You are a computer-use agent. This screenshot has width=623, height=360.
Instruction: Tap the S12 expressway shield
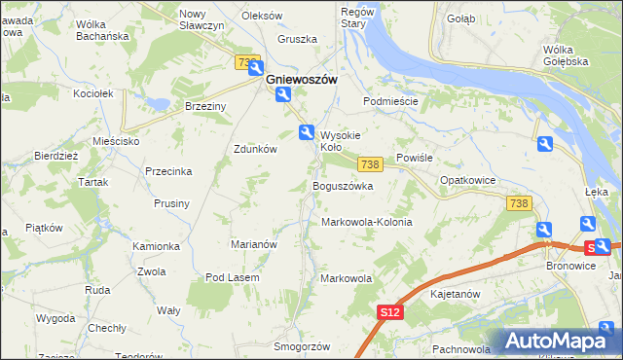point(390,311)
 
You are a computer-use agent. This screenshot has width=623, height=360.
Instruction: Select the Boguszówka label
point(342,186)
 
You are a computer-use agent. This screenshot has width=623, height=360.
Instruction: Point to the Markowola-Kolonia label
point(367,222)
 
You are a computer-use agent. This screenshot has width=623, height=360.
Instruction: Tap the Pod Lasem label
point(231,277)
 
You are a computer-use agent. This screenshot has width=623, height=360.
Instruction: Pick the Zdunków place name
point(256,149)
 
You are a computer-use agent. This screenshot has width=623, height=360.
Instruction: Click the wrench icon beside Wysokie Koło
point(306,132)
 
